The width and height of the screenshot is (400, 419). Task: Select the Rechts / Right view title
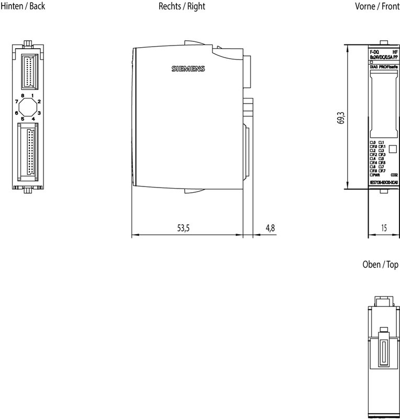[x=182, y=7]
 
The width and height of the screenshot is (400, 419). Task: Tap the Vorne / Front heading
[x=377, y=7]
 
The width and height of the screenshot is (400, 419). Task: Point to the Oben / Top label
[x=380, y=265]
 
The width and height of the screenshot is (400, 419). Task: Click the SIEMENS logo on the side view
[x=188, y=69]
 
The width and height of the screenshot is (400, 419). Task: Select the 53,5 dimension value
[x=182, y=228]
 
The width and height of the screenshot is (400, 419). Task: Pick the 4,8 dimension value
[x=270, y=228]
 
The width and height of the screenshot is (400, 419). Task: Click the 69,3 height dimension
[x=341, y=118]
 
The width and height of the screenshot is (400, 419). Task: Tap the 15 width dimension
[x=384, y=228]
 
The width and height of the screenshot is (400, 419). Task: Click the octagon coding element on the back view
[x=28, y=107]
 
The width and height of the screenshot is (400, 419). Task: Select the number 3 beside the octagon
[x=39, y=113]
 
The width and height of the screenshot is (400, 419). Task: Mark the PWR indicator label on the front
[x=375, y=175]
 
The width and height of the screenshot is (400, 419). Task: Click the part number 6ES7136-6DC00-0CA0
[x=384, y=182]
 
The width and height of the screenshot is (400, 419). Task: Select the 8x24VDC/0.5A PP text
[x=383, y=57]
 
